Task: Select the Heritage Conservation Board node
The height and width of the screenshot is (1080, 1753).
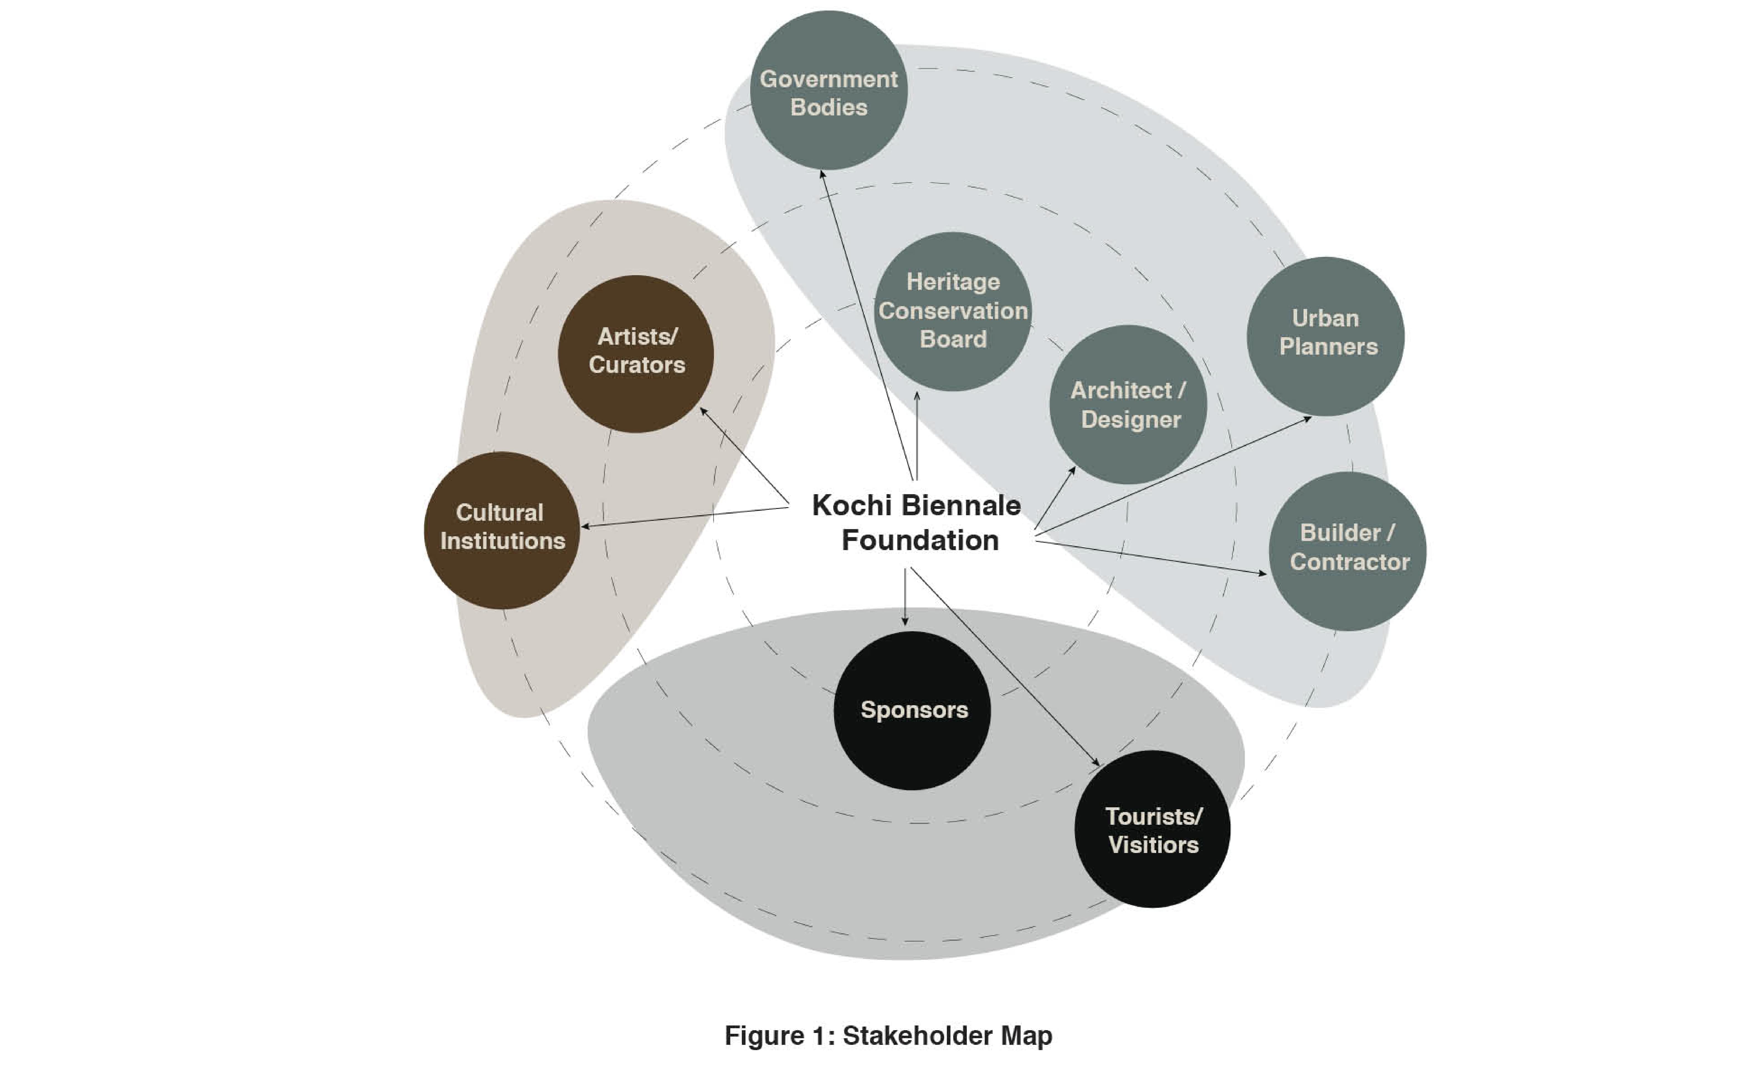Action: click(953, 311)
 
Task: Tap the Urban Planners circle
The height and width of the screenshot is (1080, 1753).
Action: click(1326, 336)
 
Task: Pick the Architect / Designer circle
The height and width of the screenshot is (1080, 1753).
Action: click(1129, 404)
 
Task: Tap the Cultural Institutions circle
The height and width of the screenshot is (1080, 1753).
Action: click(502, 530)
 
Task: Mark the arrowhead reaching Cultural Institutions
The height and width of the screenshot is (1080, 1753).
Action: click(584, 526)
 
